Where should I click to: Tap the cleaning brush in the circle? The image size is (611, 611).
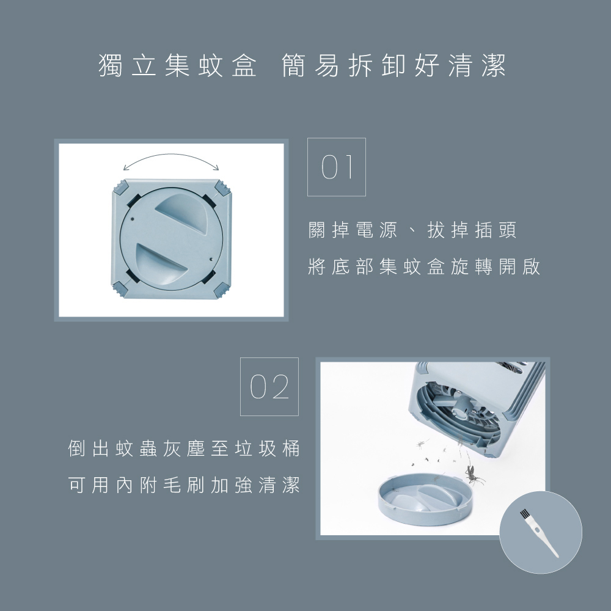coord(539,533)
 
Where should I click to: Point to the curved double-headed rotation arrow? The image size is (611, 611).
coord(171,155)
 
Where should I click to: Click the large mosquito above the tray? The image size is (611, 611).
coord(474,474)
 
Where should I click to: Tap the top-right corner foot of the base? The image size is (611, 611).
coord(222,188)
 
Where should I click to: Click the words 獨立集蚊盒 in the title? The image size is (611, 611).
coord(178,65)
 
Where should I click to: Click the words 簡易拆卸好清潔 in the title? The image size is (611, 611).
coord(393,65)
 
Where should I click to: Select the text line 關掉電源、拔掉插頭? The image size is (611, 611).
coord(412,230)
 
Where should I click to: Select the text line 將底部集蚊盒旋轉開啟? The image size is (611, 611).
coord(424,267)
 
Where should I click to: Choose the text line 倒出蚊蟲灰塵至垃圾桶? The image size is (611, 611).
coord(184,448)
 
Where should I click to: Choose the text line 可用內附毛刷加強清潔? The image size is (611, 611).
coord(184,485)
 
